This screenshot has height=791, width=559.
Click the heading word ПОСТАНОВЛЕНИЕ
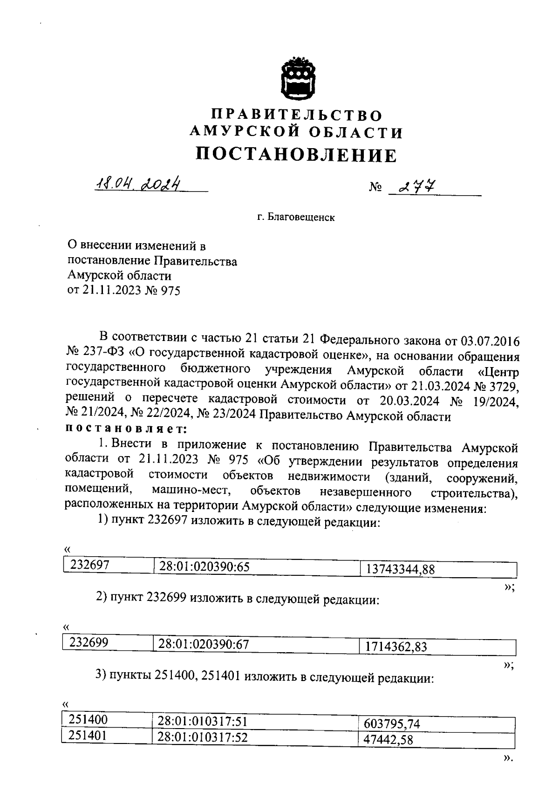(296, 155)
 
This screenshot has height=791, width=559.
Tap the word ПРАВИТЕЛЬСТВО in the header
(297, 115)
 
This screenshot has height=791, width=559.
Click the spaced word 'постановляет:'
(126, 428)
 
